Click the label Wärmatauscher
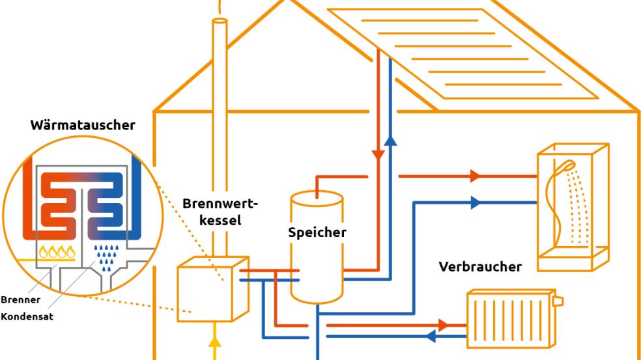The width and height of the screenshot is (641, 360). pyautogui.click(x=83, y=125)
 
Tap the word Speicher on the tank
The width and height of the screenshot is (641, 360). pyautogui.click(x=317, y=232)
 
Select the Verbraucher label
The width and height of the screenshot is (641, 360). pyautogui.click(x=480, y=266)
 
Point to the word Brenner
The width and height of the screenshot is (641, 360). pyautogui.click(x=20, y=300)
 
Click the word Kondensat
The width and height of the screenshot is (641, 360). pyautogui.click(x=27, y=316)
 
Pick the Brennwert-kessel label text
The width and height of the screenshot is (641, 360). pyautogui.click(x=220, y=212)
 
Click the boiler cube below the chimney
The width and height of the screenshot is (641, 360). pyautogui.click(x=212, y=289)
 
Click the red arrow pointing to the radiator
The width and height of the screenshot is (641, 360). pyautogui.click(x=444, y=324)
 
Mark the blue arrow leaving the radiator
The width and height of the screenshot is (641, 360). pyautogui.click(x=431, y=337)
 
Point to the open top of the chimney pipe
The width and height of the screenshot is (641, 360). pyautogui.click(x=220, y=22)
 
